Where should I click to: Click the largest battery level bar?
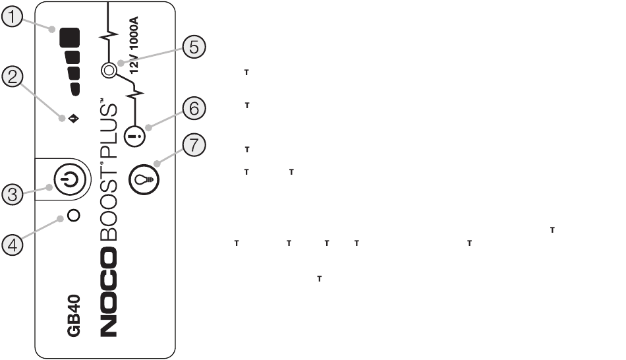click(70, 38)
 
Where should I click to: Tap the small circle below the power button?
click(74, 216)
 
